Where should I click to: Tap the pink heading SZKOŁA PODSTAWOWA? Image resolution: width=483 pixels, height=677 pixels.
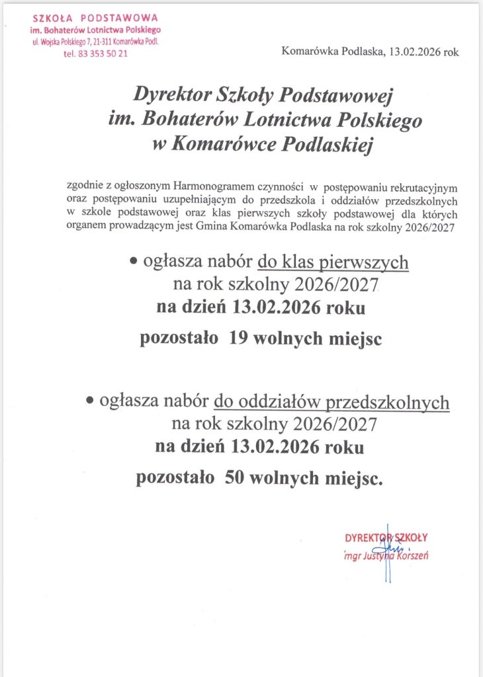95,18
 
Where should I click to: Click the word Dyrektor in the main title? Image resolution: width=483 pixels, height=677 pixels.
172,96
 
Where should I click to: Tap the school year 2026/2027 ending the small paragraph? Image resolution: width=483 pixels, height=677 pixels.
435,227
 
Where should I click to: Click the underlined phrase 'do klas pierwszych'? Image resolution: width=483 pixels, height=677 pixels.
333,263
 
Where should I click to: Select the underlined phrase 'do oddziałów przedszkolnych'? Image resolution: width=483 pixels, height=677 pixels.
331,401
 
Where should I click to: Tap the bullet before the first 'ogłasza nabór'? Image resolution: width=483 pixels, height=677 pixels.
132,263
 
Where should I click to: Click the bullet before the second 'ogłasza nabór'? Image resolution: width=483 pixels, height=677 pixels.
89,401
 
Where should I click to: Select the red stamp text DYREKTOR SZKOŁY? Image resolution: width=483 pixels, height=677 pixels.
386,537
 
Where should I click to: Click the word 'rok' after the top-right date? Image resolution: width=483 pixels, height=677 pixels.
451,52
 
